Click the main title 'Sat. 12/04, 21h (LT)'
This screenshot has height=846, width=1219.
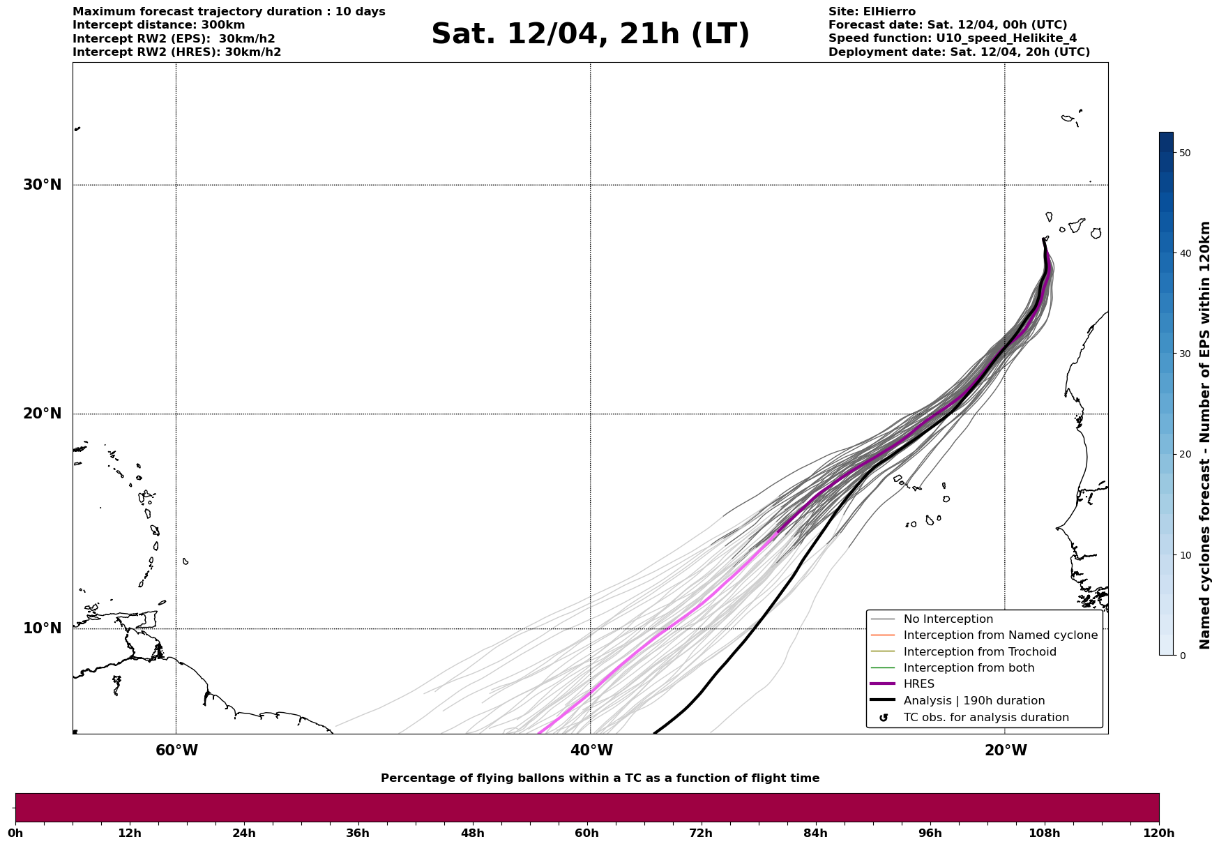coord(590,34)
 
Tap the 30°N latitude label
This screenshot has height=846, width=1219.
coord(42,185)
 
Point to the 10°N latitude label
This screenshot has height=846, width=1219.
coord(42,628)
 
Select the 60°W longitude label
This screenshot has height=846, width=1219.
coord(176,750)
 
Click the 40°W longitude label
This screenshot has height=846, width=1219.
coord(591,750)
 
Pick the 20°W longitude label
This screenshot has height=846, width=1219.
coord(1006,750)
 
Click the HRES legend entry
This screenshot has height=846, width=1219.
coord(918,684)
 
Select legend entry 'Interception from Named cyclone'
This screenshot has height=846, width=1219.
coord(1000,635)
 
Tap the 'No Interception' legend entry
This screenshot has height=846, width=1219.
coord(948,619)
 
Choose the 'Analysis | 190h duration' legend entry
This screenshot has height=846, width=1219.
coord(974,701)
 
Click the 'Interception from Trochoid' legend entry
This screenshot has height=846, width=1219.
coord(979,652)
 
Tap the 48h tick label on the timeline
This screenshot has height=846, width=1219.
coord(472,833)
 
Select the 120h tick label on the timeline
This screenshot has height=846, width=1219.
coord(1158,833)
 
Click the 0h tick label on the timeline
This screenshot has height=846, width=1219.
coord(16,833)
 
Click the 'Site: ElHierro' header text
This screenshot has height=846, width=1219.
coord(872,12)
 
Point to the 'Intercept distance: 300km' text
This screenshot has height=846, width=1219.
coord(158,25)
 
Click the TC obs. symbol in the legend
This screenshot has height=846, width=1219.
coord(884,718)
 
